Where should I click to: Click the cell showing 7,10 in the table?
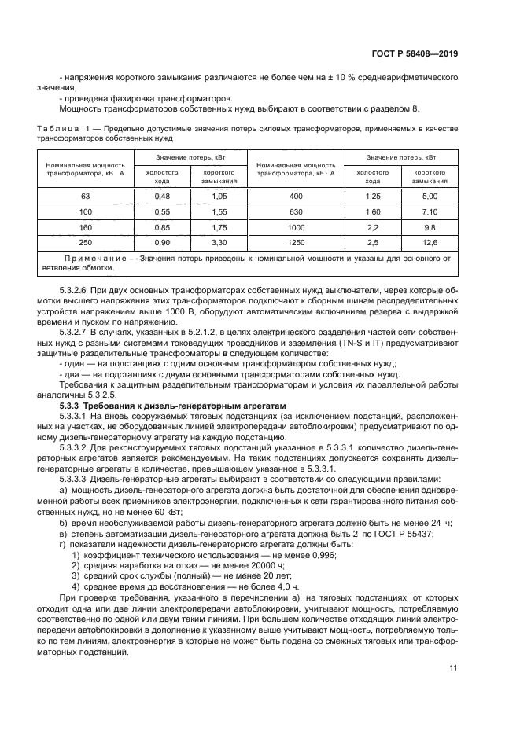pyautogui.click(x=430, y=211)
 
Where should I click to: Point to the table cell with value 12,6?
pyautogui.click(x=430, y=243)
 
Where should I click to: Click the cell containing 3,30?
pyautogui.click(x=219, y=243)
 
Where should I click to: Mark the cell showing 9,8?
pyautogui.click(x=430, y=227)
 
